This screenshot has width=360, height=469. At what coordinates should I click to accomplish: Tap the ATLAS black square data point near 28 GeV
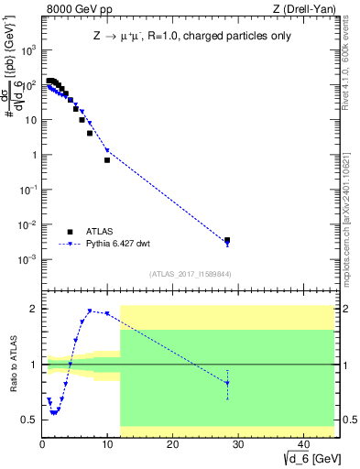pyautogui.click(x=227, y=240)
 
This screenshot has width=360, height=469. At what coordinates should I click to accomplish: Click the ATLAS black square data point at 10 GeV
pyautogui.click(x=107, y=160)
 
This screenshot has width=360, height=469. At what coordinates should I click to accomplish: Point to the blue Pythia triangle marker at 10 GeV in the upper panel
pyautogui.click(x=107, y=150)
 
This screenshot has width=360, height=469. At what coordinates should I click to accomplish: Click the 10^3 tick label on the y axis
pyautogui.click(x=27, y=50)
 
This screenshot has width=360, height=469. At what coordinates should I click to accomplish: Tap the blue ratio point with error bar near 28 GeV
pyautogui.click(x=227, y=383)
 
